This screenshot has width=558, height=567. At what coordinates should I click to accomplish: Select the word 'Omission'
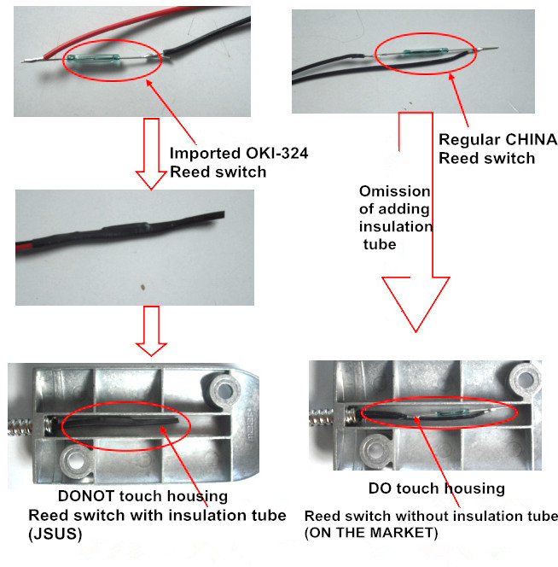point(395,191)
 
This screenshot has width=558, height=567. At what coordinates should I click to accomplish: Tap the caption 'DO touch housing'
point(436,488)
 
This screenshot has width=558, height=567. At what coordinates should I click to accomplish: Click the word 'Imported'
point(197,155)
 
